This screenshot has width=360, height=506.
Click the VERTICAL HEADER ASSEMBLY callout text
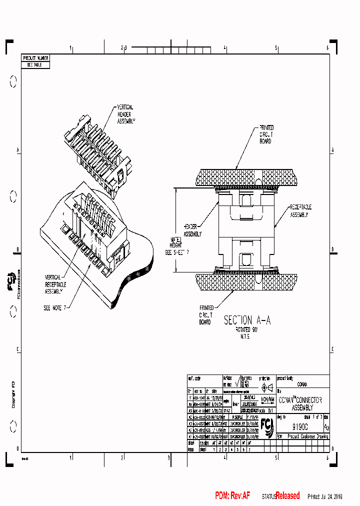(126, 114)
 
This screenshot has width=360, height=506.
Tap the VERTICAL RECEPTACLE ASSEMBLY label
(54, 284)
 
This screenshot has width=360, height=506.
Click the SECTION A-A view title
(247, 321)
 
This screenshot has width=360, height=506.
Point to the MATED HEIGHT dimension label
(176, 246)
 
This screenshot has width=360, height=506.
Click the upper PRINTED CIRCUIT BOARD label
(266, 134)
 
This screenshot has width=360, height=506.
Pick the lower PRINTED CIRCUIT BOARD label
(206, 315)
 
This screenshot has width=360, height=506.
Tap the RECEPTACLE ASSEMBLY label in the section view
(300, 210)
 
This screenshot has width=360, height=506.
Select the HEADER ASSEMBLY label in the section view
(192, 230)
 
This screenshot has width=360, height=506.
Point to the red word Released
(287, 496)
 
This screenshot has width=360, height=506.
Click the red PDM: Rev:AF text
(232, 496)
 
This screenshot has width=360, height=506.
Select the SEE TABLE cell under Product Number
(35, 65)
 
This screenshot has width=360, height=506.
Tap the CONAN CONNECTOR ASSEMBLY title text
(300, 404)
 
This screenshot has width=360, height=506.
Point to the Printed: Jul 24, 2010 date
(324, 496)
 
